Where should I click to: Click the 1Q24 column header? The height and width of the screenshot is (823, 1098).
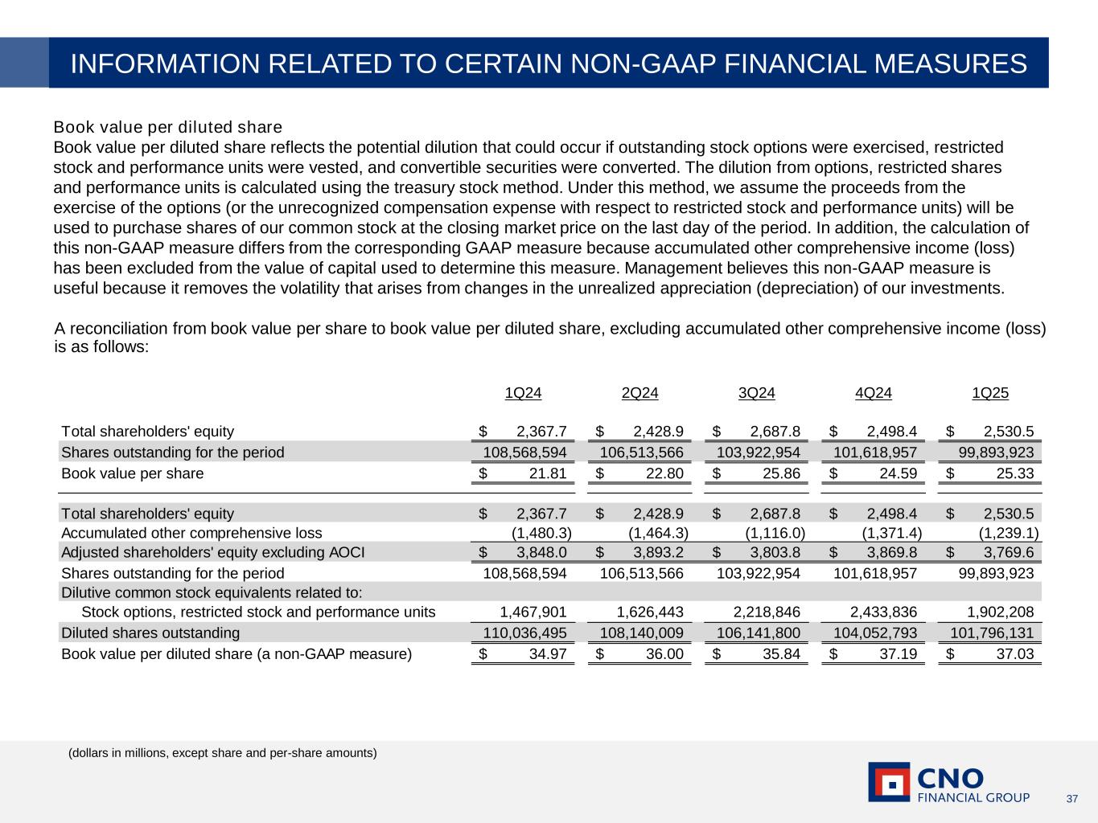tap(523, 393)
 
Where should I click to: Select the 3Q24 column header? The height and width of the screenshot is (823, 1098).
tap(756, 393)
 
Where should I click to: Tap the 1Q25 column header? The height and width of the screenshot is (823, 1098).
tap(990, 393)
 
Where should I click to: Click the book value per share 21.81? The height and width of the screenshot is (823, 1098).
tap(548, 473)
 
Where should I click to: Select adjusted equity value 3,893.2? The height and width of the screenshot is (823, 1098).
tap(659, 552)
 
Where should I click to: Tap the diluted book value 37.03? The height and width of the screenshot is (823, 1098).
tap(1014, 653)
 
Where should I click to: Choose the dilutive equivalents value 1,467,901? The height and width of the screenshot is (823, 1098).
tap(533, 612)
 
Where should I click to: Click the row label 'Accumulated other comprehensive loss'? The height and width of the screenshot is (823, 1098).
tap(191, 533)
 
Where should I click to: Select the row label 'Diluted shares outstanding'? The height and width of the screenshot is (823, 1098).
tap(150, 633)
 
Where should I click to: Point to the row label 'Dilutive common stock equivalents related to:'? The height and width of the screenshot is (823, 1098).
tap(212, 592)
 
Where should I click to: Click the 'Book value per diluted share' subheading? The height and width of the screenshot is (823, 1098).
tap(167, 127)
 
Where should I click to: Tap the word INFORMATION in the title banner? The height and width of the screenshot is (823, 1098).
tap(167, 63)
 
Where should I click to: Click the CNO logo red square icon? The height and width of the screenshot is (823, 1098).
tap(889, 782)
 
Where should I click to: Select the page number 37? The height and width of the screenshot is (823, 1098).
tap(1071, 798)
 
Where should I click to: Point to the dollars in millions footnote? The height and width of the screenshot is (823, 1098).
tap(222, 753)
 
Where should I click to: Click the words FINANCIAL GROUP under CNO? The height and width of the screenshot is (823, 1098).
tap(973, 797)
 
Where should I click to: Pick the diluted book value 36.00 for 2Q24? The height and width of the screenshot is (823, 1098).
tap(664, 653)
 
